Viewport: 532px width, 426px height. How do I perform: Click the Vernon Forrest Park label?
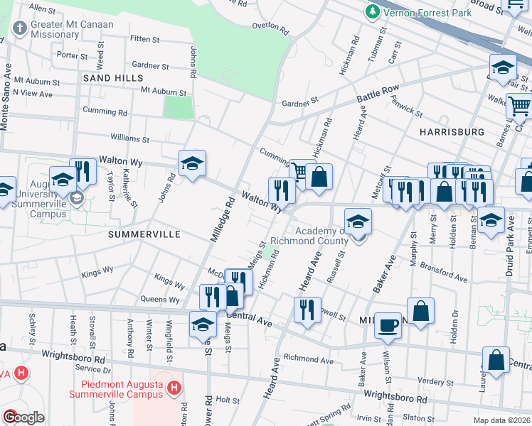[418, 12]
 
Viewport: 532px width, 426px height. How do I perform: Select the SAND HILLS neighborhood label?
[113, 77]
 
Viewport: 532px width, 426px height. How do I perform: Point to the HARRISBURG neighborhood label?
[452, 132]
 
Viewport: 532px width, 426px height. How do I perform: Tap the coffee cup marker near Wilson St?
[388, 324]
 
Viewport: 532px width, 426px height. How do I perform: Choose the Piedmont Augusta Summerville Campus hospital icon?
[173, 388]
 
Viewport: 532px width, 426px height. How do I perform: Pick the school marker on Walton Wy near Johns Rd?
[192, 164]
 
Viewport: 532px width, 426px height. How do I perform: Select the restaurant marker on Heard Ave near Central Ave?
[307, 310]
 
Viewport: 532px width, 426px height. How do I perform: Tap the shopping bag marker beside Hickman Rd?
[319, 177]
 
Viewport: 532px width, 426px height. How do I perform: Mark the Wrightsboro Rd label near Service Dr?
[73, 357]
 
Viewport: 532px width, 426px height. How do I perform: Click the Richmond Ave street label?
[308, 360]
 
